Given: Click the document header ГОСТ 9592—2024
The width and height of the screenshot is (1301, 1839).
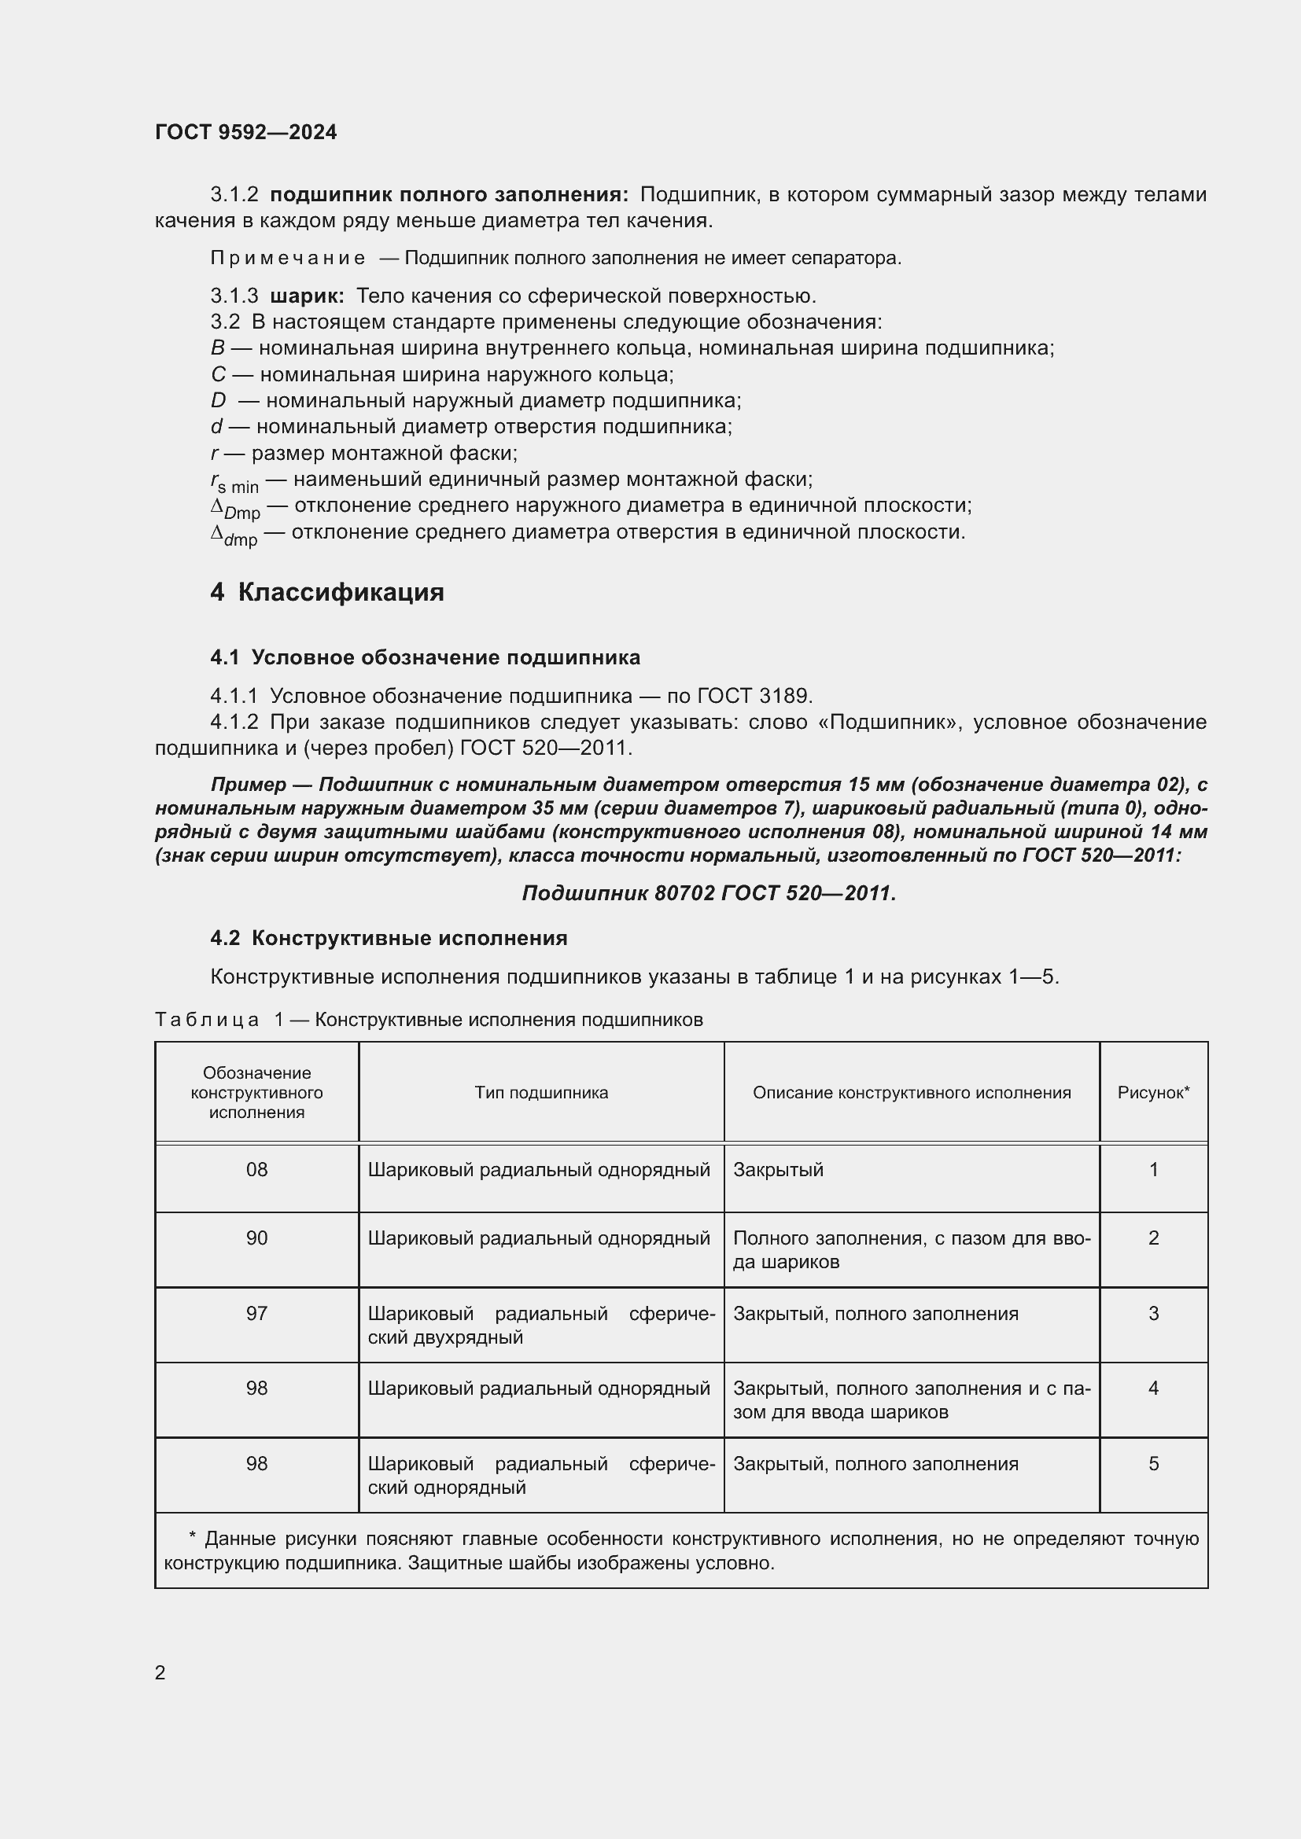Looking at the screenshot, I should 246,133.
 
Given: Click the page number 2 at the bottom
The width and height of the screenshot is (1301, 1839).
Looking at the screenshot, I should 160,1672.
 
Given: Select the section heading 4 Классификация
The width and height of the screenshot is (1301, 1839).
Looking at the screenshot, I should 327,592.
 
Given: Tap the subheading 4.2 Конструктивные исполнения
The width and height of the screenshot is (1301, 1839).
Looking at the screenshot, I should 389,938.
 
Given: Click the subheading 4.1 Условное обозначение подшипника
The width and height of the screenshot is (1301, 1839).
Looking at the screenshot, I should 425,657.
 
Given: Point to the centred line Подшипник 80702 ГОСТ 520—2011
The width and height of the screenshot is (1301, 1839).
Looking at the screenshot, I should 709,893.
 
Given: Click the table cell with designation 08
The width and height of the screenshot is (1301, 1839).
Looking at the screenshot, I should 256,1170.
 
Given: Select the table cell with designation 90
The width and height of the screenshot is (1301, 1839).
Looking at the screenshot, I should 256,1238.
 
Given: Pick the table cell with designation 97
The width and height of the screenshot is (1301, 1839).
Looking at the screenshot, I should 256,1314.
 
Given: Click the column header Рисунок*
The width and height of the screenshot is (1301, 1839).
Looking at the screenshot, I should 1153,1093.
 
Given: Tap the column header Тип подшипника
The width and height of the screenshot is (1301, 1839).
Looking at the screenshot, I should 540,1093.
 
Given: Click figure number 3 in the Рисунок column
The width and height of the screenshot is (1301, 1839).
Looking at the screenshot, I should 1153,1314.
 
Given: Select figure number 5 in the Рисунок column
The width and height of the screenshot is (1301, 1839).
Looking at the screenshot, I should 1153,1463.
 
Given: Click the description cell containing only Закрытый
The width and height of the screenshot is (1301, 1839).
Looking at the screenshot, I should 778,1170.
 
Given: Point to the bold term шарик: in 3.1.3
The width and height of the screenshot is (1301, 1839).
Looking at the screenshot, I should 307,296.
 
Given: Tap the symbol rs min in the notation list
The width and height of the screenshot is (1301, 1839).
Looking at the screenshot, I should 234,482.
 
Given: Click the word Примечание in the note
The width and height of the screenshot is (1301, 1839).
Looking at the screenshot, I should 288,258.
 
